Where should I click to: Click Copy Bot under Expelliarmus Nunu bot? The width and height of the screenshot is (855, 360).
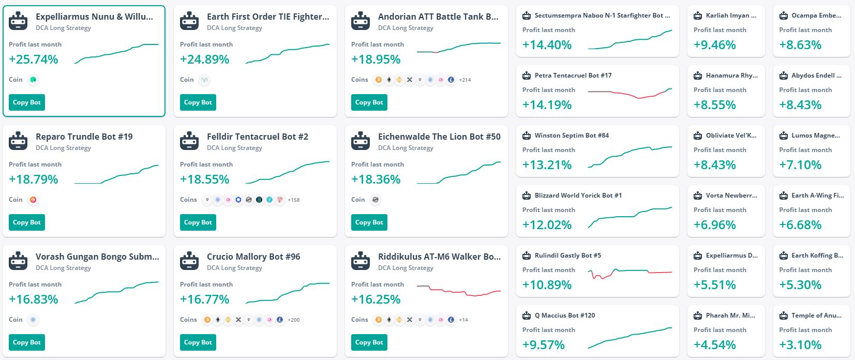(27, 102)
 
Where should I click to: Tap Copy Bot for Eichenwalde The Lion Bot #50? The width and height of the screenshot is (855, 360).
(369, 222)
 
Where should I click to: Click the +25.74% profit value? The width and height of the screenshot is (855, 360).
(34, 59)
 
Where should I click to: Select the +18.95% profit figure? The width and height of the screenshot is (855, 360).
(376, 59)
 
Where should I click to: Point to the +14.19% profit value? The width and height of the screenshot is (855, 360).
(547, 105)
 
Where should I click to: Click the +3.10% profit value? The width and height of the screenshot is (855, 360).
(800, 345)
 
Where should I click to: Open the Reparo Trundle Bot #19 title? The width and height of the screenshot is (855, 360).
(84, 137)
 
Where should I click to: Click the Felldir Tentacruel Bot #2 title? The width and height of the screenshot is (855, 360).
(258, 137)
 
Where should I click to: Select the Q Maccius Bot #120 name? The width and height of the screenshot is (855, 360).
(565, 316)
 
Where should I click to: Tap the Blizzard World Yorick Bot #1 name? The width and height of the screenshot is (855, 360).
(578, 196)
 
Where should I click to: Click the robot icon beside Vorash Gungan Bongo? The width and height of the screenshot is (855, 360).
(19, 261)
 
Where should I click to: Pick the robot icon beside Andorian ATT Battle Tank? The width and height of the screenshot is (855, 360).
(361, 21)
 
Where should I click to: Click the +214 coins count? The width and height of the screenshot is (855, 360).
(465, 80)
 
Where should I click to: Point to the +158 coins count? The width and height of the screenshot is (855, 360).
(294, 200)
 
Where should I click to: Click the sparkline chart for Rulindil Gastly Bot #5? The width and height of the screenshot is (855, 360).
(630, 273)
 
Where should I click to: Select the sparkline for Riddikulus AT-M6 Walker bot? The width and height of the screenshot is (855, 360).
(459, 291)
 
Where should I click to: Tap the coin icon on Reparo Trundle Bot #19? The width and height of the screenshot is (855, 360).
(33, 200)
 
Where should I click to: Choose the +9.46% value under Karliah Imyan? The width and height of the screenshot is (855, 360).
(715, 45)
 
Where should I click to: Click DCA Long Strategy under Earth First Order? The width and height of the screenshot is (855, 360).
(234, 28)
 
